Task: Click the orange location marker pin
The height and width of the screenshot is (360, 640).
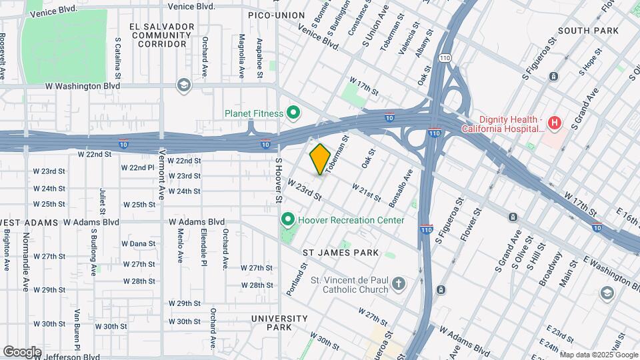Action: click(320, 159)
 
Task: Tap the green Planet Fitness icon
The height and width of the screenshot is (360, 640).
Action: click(291, 113)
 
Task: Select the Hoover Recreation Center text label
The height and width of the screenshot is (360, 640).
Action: click(352, 220)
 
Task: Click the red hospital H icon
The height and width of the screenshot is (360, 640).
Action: click(554, 123)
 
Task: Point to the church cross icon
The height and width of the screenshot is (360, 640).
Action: click(398, 285)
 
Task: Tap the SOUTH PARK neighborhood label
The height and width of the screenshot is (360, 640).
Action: click(588, 31)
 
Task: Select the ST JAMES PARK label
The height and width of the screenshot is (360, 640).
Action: click(341, 253)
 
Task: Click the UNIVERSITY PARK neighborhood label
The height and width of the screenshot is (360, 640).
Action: click(279, 323)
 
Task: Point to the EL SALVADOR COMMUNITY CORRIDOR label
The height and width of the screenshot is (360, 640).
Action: click(162, 35)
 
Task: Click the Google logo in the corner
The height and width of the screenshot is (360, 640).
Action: click(22, 351)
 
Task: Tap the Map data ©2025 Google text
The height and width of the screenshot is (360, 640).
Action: click(598, 355)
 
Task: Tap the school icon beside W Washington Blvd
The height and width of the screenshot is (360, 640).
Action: click(183, 85)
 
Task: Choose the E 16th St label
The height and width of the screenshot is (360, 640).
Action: click(626, 215)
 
